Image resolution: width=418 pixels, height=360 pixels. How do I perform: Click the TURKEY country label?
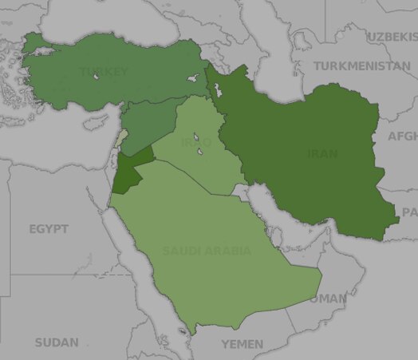click(103, 73)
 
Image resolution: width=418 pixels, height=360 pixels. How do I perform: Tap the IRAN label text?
click(321, 153)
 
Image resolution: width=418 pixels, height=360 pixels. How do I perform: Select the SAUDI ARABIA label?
click(207, 251)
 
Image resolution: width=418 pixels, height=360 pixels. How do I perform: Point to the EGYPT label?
click(49, 229)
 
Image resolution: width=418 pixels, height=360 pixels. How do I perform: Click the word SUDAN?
click(57, 342)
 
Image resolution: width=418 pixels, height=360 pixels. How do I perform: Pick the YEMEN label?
click(242, 344)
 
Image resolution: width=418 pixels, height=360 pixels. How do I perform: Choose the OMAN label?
click(329, 299)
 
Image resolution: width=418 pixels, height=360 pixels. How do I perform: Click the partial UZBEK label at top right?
click(392, 37)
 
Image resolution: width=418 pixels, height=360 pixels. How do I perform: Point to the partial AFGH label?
click(402, 136)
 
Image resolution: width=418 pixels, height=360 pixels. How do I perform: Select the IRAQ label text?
click(196, 142)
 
